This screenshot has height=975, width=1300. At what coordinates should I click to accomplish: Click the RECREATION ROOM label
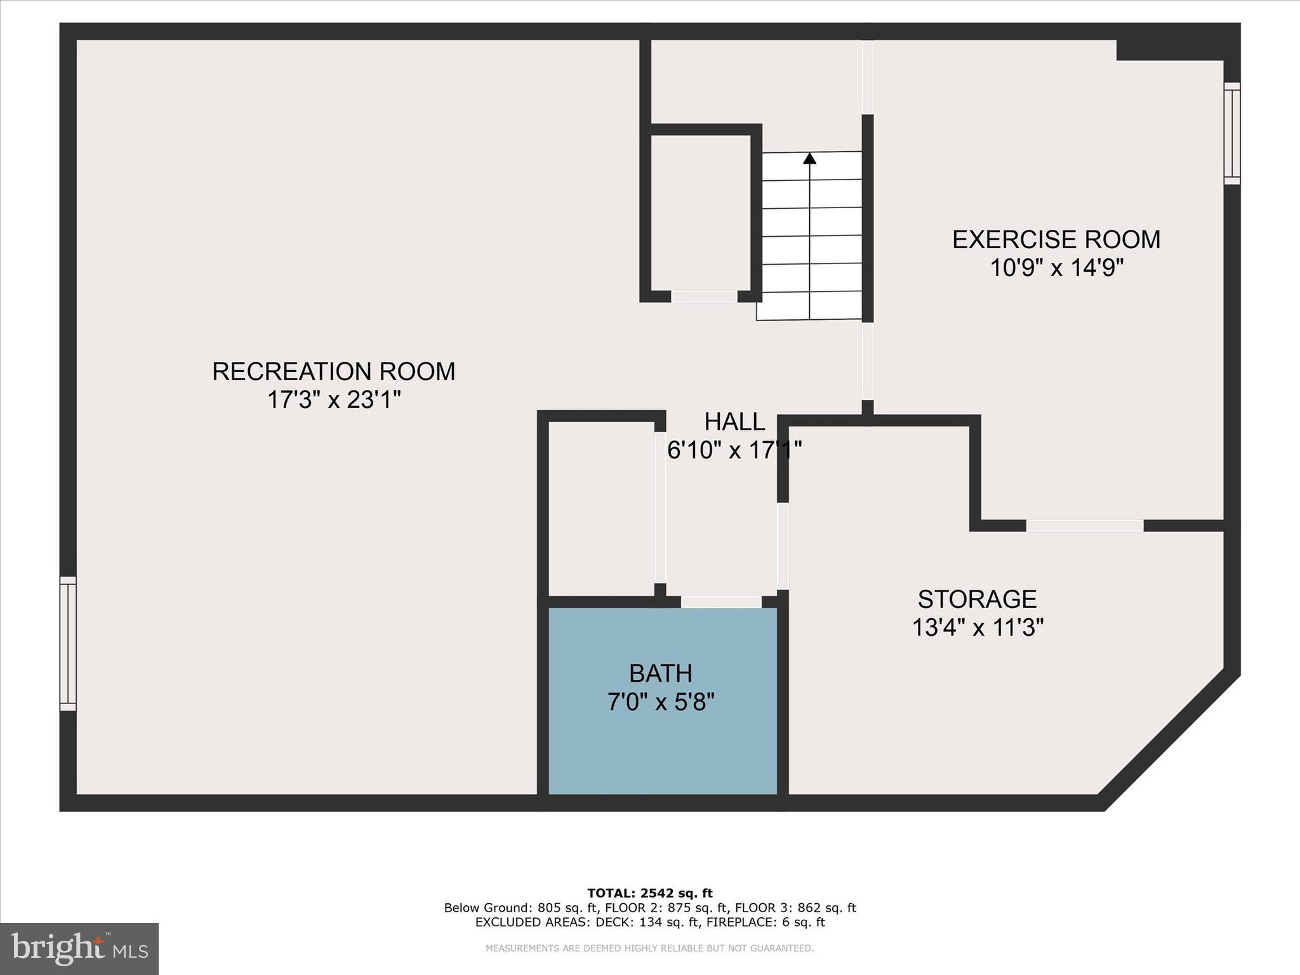(x=333, y=371)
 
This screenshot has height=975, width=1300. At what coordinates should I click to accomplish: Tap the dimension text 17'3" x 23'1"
(x=333, y=400)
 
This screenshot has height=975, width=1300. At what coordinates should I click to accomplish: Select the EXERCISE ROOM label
(x=1056, y=239)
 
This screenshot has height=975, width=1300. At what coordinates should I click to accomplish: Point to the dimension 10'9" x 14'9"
(x=1056, y=268)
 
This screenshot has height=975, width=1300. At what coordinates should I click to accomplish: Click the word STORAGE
(x=977, y=599)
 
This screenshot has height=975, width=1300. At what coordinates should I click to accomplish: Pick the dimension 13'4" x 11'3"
(x=978, y=628)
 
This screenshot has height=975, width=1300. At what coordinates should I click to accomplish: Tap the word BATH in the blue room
(x=660, y=673)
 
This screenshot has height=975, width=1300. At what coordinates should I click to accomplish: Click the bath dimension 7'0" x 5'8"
(x=661, y=702)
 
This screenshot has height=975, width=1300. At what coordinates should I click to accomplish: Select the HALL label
(x=734, y=421)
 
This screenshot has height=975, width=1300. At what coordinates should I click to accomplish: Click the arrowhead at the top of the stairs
(x=809, y=158)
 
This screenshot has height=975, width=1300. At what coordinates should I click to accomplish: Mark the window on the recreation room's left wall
(x=68, y=643)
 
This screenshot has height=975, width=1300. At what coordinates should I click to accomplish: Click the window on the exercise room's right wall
(x=1231, y=133)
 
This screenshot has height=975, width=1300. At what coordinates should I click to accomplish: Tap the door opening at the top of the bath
(x=721, y=602)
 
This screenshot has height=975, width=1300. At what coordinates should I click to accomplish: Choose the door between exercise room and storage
(x=1085, y=526)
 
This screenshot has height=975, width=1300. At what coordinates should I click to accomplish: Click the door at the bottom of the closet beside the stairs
(x=704, y=296)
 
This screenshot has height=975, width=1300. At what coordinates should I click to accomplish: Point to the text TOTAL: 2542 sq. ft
(x=649, y=893)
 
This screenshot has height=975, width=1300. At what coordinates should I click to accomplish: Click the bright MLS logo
(x=79, y=949)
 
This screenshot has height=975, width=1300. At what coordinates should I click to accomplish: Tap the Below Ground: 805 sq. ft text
(x=521, y=908)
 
